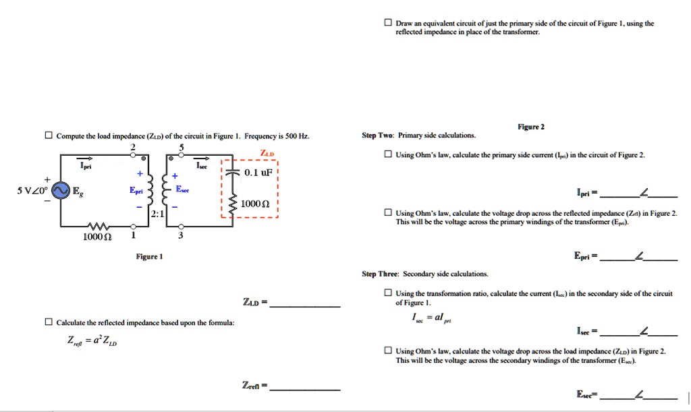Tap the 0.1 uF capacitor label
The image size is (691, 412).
tap(258, 173)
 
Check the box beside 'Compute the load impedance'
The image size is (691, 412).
tap(49, 136)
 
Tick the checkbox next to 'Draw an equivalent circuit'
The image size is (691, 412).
tap(387, 22)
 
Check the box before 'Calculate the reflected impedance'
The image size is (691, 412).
tap(49, 322)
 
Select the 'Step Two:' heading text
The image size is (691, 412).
tap(378, 136)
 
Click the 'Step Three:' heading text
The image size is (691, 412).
tap(381, 274)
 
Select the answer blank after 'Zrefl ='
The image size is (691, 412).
tap(305, 389)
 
